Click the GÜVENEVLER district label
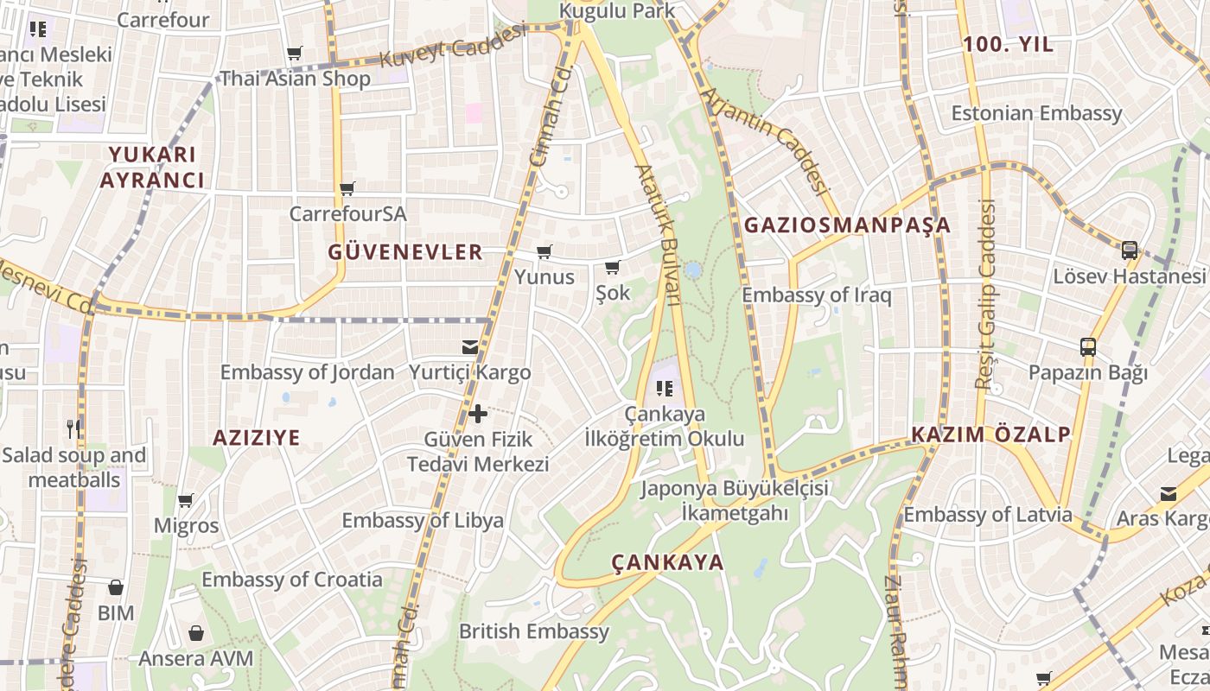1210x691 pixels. point(405,252)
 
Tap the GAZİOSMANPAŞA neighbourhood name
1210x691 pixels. point(847,225)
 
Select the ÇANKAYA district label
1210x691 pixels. point(667,562)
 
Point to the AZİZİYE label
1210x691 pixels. point(257,438)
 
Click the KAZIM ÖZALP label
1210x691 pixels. point(991,434)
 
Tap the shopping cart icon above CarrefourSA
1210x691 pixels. point(347,188)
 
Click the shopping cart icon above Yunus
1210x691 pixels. point(544,252)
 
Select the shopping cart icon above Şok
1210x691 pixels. point(613,268)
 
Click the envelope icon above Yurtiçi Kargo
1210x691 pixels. point(469,347)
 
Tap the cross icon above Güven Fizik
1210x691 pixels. point(478,415)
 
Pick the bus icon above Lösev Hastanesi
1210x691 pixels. point(1129,250)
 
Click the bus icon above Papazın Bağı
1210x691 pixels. point(1088,348)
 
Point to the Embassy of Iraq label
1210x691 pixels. point(816,295)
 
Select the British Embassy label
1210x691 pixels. point(534,631)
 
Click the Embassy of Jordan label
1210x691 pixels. point(307,373)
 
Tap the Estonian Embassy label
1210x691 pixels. point(1036,113)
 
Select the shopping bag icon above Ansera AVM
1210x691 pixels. point(196,633)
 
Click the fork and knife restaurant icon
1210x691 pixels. point(73,428)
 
